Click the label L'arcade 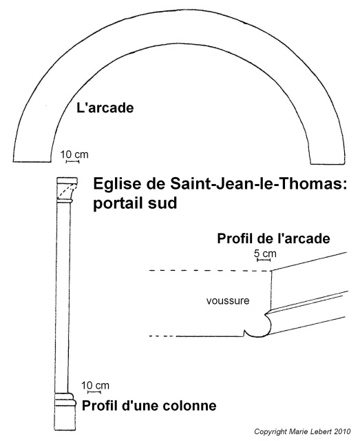pos(105,108)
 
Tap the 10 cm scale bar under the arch pos(72,161)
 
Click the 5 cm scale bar pos(264,260)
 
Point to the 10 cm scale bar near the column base pos(94,392)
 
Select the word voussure pos(228,300)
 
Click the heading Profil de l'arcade pos(273,238)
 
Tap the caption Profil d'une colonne pos(149,406)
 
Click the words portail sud pos(135,203)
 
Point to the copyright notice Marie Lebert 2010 pos(319,431)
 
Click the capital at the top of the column pos(67,189)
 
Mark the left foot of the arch pos(32,161)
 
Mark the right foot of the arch pos(328,163)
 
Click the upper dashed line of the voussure pos(210,271)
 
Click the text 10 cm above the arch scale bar pos(74,154)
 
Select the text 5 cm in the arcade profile pos(265,254)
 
